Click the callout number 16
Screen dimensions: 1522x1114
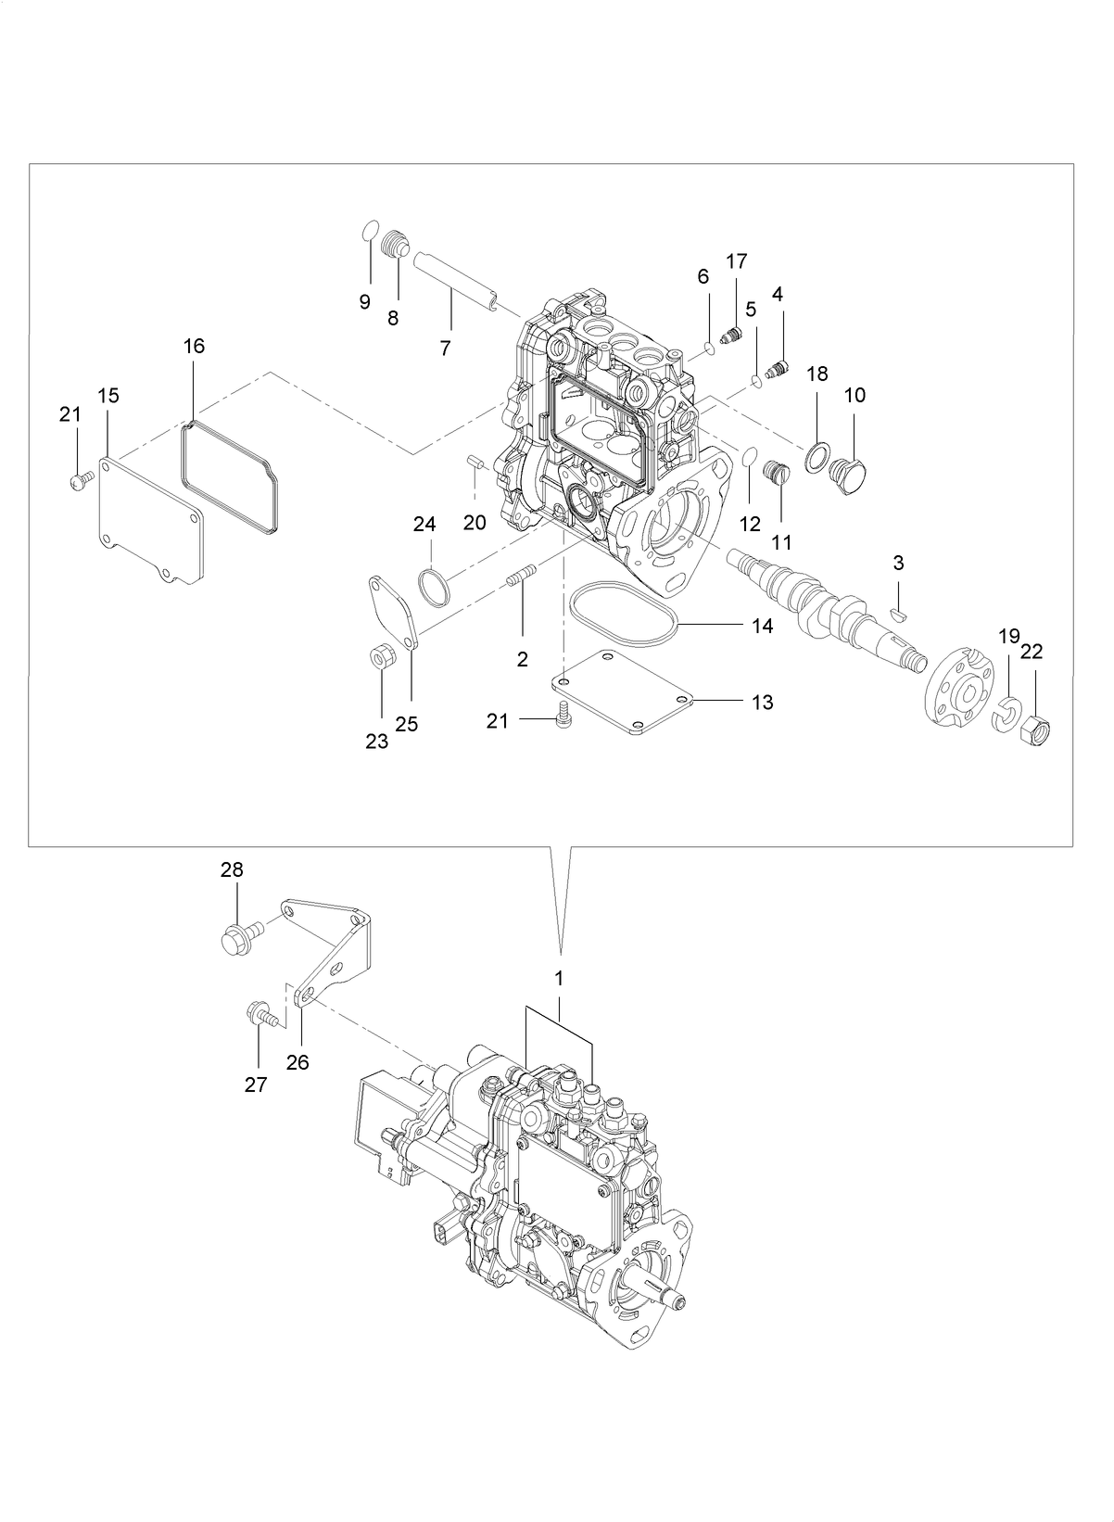pyautogui.click(x=194, y=346)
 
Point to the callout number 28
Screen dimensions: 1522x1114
pyautogui.click(x=231, y=869)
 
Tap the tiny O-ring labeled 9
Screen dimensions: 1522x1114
pyautogui.click(x=370, y=228)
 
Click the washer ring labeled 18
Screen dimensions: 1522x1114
pyautogui.click(x=816, y=457)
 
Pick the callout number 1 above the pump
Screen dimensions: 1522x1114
pyautogui.click(x=559, y=978)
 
